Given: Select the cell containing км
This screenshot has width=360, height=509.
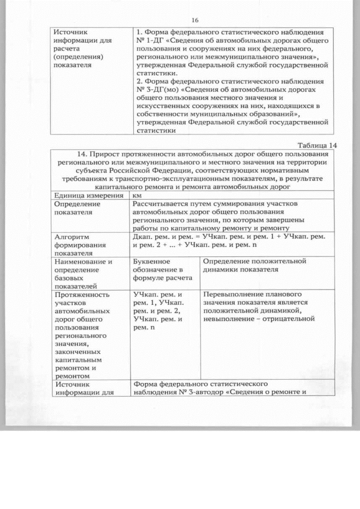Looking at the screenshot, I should click(137, 195).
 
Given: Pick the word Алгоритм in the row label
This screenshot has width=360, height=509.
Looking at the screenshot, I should click(71, 237).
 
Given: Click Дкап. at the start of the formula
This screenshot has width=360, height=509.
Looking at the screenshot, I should click(142, 237).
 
